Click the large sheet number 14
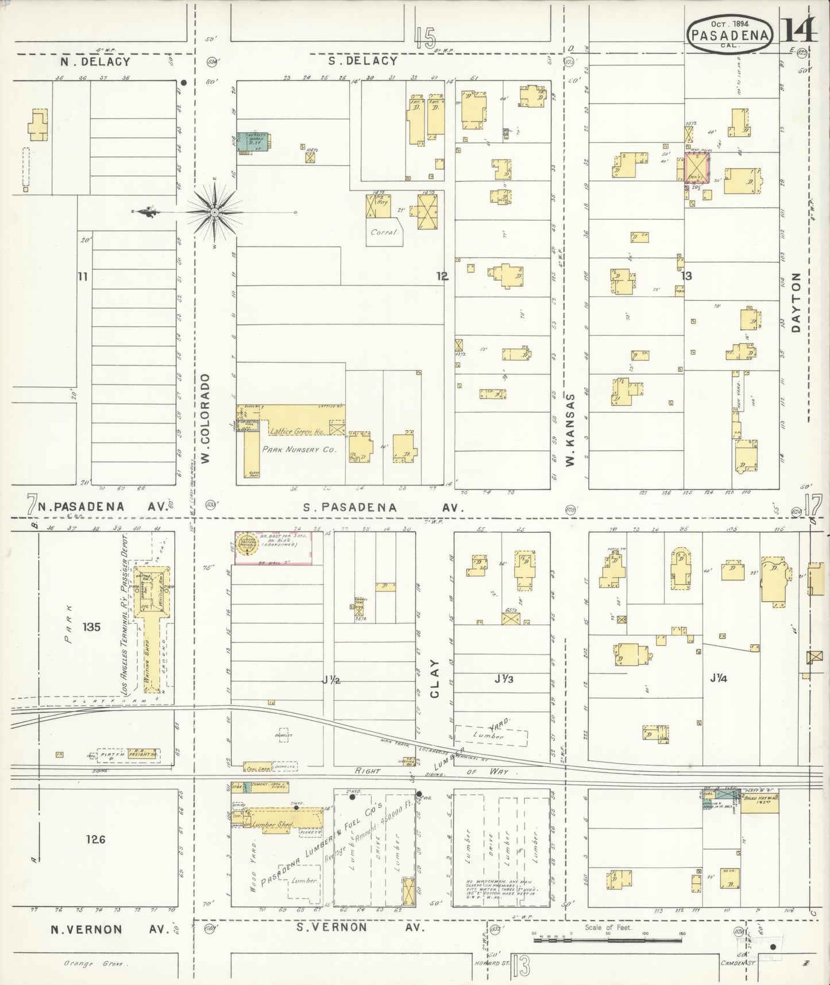799,29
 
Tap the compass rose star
214,213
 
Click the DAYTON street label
796,302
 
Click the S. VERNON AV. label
361,928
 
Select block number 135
91,626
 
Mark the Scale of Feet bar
608,940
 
